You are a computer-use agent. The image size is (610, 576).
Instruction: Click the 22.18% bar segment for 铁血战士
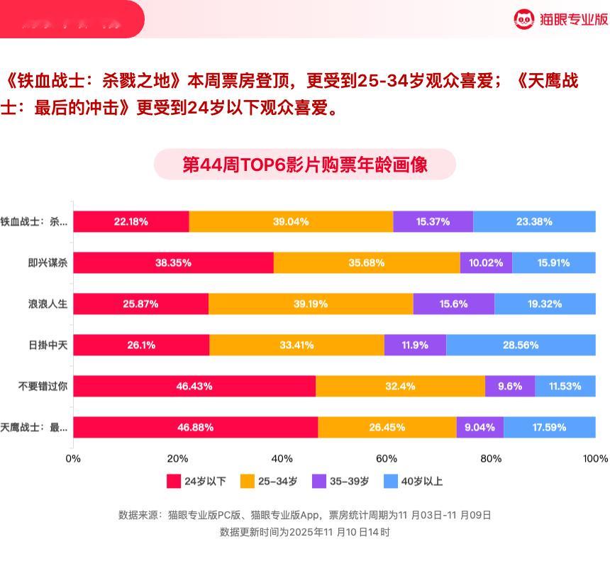[131, 221]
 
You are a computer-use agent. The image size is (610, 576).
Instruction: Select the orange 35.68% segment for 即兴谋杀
[367, 262]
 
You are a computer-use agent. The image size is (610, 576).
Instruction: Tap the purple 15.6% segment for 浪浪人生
[454, 304]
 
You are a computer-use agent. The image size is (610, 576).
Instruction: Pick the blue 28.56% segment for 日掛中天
[521, 345]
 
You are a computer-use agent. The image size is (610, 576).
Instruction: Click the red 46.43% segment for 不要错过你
[194, 386]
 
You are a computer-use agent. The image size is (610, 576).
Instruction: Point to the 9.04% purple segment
[480, 427]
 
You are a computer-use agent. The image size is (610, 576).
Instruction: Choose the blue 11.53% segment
[565, 386]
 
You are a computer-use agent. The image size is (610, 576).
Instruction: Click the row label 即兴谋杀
[48, 262]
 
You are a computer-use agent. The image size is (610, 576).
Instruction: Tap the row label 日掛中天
[48, 345]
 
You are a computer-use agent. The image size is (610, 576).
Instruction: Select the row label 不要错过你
[43, 386]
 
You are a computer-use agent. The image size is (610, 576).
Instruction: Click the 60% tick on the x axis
[387, 458]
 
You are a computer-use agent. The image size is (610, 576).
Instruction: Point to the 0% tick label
[73, 458]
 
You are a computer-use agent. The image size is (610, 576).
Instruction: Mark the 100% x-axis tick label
[595, 458]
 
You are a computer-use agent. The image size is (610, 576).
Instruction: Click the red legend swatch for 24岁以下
[174, 481]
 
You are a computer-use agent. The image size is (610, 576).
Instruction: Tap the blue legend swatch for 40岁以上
[390, 481]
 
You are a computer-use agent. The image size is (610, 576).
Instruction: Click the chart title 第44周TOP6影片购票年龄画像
[305, 165]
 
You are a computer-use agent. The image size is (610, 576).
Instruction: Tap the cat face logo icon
[523, 19]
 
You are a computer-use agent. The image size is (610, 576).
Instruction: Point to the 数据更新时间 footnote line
[305, 531]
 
